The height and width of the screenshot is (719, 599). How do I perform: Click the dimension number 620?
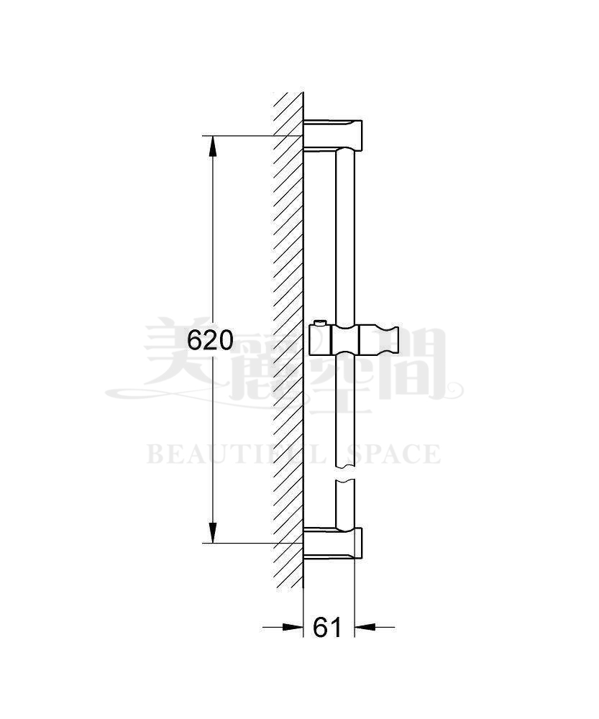tap(210, 339)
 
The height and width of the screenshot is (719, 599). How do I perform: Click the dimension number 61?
tap(328, 627)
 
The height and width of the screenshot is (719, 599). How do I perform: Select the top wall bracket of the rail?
tap(334, 133)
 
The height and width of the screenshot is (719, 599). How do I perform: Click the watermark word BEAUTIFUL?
tap(229, 454)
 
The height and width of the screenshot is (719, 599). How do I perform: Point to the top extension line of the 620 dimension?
tap(244, 136)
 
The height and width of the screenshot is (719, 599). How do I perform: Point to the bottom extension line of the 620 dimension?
tap(244, 543)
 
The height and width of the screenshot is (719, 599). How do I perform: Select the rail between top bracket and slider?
tap(345, 230)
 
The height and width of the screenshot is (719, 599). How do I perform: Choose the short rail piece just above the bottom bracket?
tap(345, 503)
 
